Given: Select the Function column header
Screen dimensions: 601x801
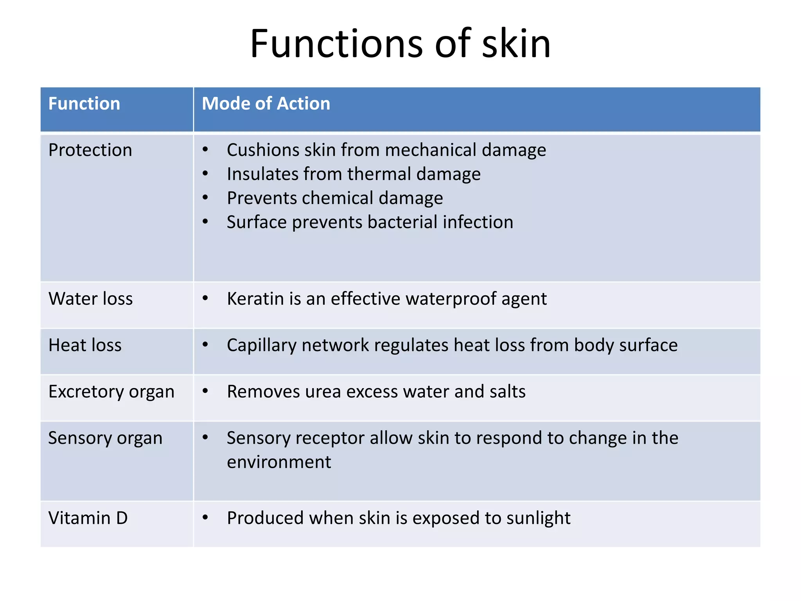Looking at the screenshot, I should click(84, 104).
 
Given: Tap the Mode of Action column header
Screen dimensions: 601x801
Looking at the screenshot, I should click(266, 104).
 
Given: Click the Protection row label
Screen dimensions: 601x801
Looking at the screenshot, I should click(90, 150).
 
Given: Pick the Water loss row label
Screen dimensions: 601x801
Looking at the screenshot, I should click(91, 299).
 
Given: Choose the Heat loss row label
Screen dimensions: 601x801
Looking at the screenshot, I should click(85, 345).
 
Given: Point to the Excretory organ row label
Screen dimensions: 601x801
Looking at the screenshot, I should click(111, 392).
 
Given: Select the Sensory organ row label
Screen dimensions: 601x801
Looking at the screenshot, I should click(105, 438).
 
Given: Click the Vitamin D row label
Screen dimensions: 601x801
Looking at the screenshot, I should click(88, 518).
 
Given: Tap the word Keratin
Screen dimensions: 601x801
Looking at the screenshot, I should click(255, 299).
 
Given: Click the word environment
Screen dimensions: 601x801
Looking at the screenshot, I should click(279, 462).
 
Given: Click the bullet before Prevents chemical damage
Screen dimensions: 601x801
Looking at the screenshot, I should click(205, 198).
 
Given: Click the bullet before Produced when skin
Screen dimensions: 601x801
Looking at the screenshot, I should click(205, 518).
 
